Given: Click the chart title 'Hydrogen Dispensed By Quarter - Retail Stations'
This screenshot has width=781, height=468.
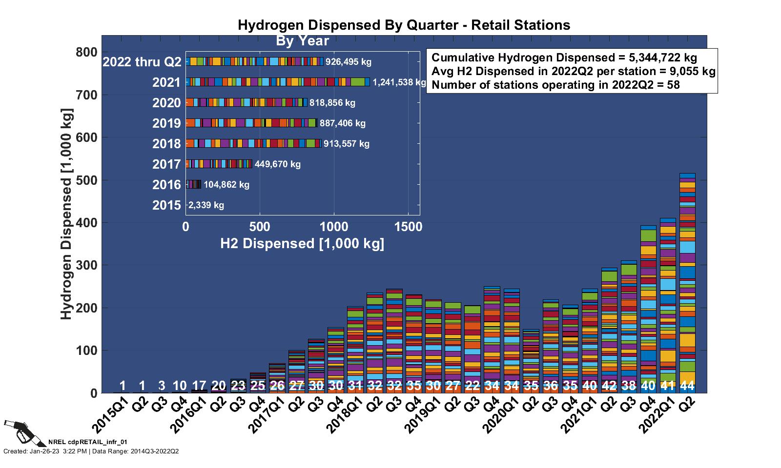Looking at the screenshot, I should [404, 25].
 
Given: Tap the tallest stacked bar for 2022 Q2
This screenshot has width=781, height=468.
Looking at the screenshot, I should [687, 283].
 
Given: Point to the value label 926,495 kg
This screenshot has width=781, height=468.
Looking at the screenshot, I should [349, 62].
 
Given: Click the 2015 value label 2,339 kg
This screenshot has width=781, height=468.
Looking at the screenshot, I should [206, 205].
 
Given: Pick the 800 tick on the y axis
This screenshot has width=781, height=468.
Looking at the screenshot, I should [86, 52].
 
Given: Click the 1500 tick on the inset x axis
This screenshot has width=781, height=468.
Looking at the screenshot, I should [408, 227].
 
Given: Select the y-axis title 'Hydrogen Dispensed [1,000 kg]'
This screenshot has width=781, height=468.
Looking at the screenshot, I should [67, 214].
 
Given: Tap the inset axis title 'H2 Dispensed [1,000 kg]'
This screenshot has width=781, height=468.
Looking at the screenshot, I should [302, 243].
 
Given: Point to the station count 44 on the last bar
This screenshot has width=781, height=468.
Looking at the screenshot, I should [687, 386].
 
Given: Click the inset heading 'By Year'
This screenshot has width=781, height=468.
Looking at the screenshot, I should [302, 41].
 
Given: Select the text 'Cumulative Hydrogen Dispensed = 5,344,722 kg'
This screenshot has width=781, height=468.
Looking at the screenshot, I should [564, 58].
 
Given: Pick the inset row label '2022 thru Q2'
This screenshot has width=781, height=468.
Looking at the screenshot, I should [142, 62].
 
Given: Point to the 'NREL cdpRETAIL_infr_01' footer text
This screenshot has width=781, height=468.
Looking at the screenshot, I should [88, 442].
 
